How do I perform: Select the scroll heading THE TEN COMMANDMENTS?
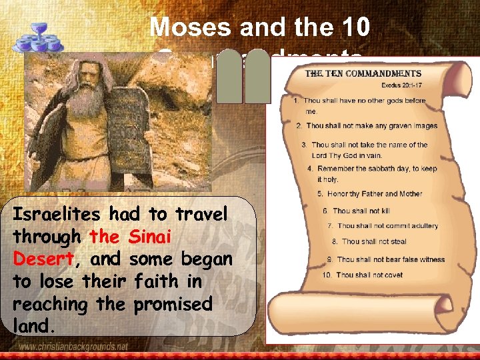[363, 74]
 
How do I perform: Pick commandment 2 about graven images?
[367, 126]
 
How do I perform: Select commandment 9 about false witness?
[377, 259]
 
